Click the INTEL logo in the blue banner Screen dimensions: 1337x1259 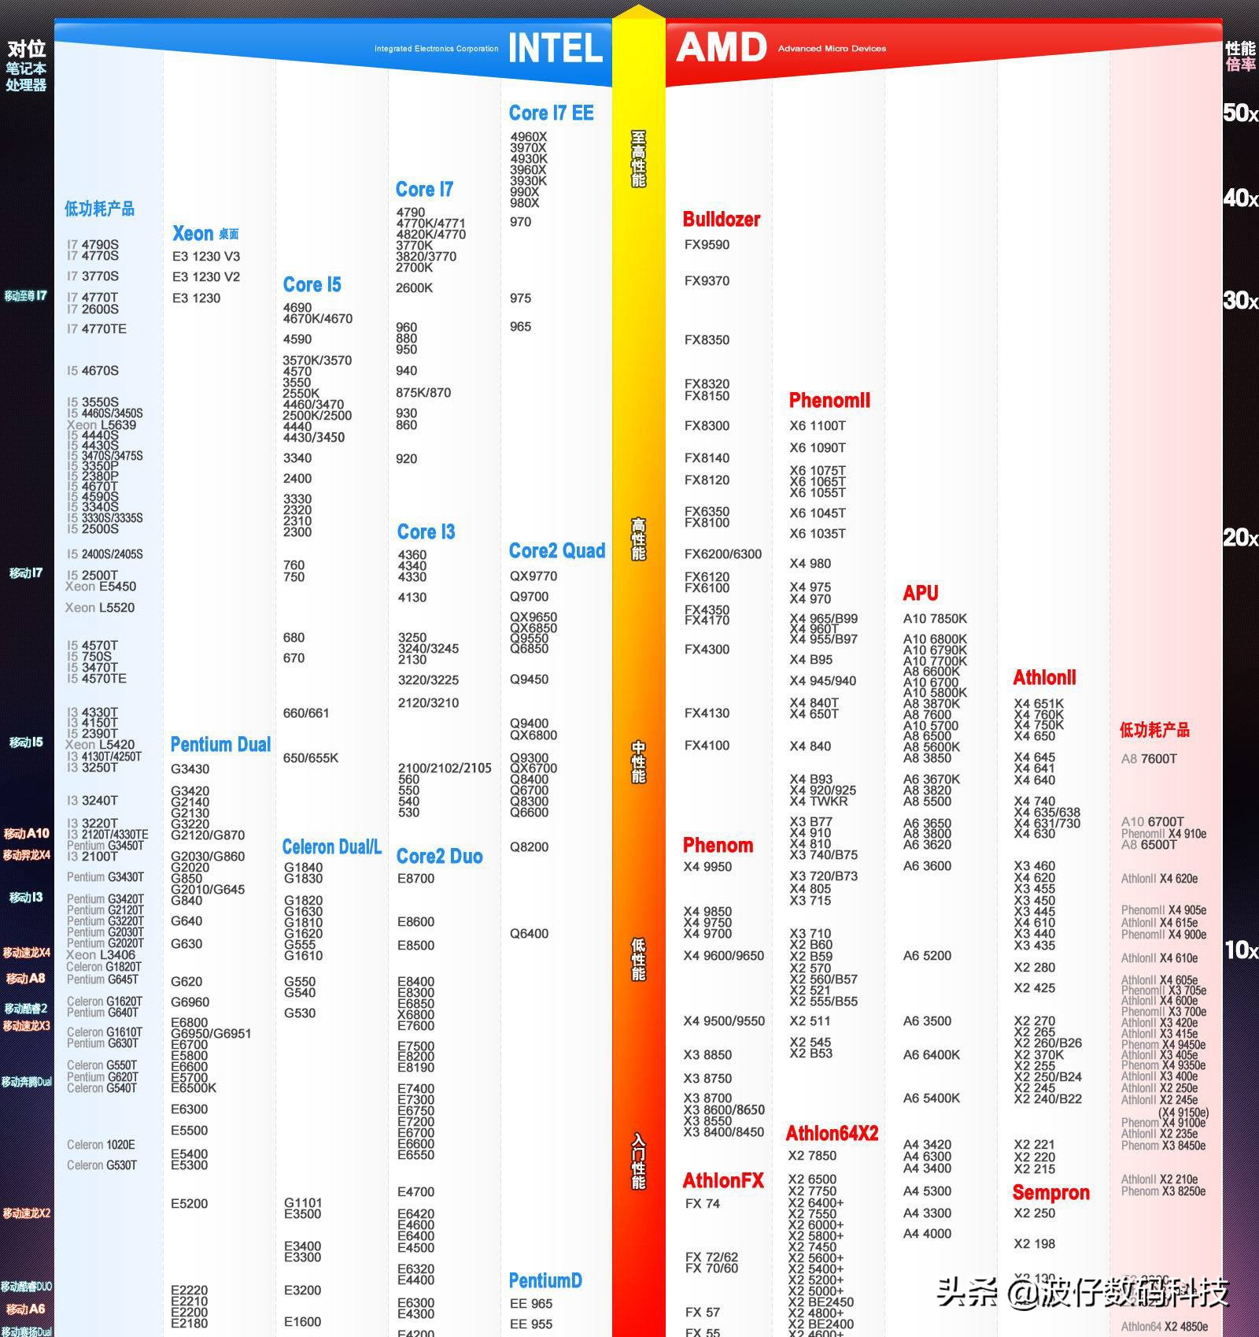coord(555,49)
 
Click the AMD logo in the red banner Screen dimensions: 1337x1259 coord(721,48)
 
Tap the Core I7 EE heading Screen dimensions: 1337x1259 coord(551,113)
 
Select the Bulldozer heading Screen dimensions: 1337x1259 coord(721,220)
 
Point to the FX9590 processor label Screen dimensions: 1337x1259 coord(707,245)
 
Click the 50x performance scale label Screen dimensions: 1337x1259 coord(1240,113)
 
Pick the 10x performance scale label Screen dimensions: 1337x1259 coord(1241,950)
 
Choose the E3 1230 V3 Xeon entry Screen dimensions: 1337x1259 coord(206,257)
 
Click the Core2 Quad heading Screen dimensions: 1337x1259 coord(557,551)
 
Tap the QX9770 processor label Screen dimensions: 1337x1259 coord(534,576)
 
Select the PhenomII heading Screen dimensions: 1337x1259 coord(829,401)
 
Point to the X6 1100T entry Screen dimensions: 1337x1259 coord(818,426)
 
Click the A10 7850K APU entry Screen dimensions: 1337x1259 coord(935,619)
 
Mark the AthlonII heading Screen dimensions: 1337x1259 coord(1044,678)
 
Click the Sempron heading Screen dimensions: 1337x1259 coord(1050,1193)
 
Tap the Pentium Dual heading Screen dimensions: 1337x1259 coord(220,745)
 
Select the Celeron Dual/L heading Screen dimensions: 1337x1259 coord(331,847)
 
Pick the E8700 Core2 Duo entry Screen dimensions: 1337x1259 coord(415,879)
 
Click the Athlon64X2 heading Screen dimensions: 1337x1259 coord(832,1134)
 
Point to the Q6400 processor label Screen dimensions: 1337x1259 coord(529,934)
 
